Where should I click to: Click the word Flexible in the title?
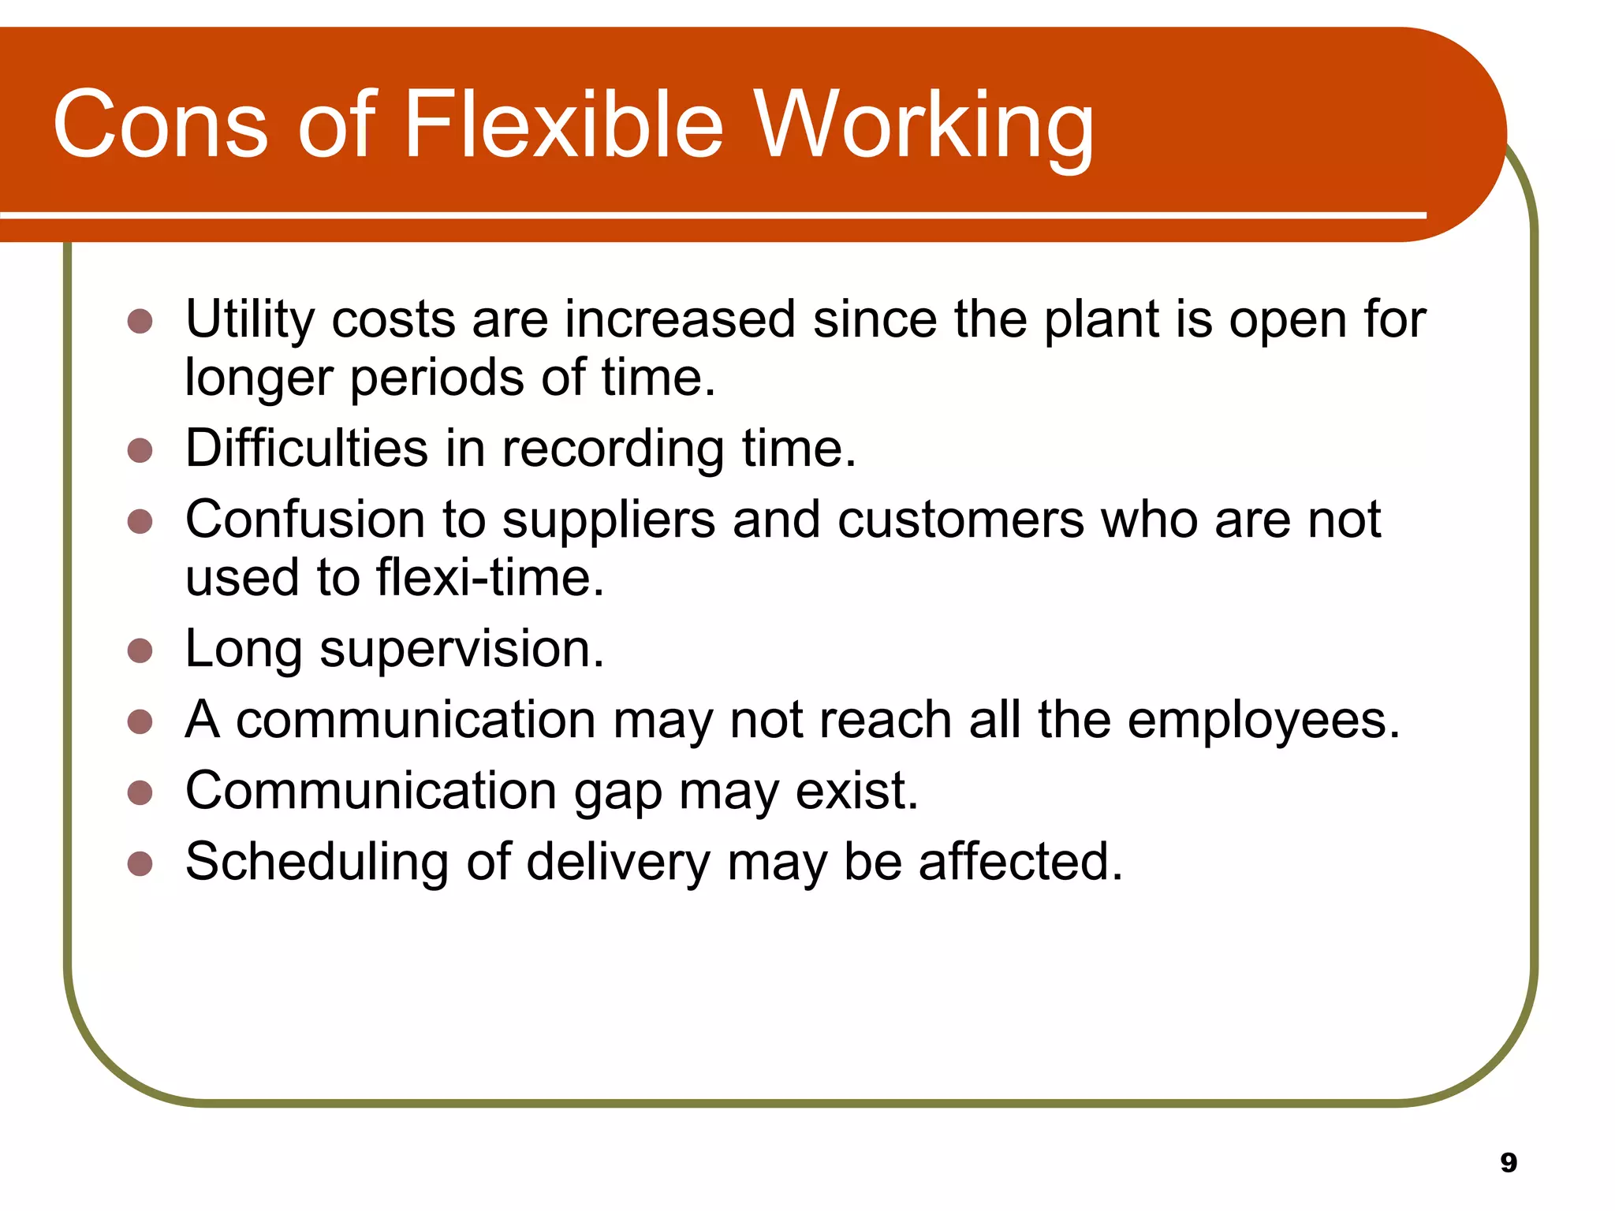[x=563, y=125]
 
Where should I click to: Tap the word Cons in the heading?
[x=160, y=125]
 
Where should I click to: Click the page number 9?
[x=1508, y=1162]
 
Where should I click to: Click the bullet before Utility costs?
[x=140, y=321]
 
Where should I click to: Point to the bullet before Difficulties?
[x=140, y=450]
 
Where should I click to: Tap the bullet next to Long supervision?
[x=140, y=650]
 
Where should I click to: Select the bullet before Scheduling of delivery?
[x=140, y=863]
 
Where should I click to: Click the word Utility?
[x=250, y=320]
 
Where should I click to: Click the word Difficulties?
[x=307, y=448]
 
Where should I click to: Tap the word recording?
[x=613, y=449]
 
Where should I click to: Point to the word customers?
[x=960, y=520]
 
